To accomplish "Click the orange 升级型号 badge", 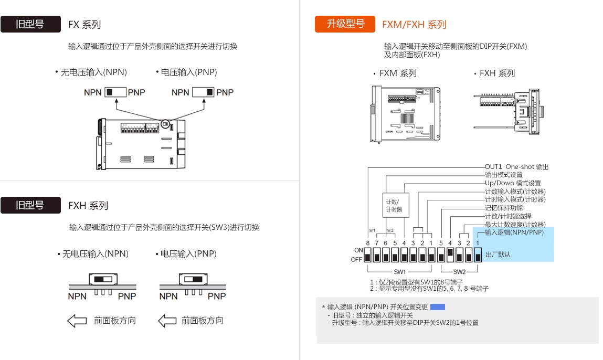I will pos(345,24).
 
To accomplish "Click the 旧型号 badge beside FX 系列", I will pos(30,24).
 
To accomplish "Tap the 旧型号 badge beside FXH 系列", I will pos(30,205).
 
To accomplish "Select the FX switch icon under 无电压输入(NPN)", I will pos(115,92).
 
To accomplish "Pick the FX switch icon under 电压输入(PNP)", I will pos(204,92).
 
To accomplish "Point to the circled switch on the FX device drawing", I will pos(165,124).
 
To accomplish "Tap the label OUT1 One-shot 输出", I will pos(516,167).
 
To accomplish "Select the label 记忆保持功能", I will pos(503,208).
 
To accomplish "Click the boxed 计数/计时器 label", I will pos(394,206).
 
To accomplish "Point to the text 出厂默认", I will pos(498,255).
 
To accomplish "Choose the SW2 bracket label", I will pos(459,272).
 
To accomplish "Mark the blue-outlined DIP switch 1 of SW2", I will pos(478,255).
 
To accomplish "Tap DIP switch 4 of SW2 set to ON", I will pos(450,255).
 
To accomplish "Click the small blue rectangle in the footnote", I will pos(437,307).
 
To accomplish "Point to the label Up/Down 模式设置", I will pos(512,183).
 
